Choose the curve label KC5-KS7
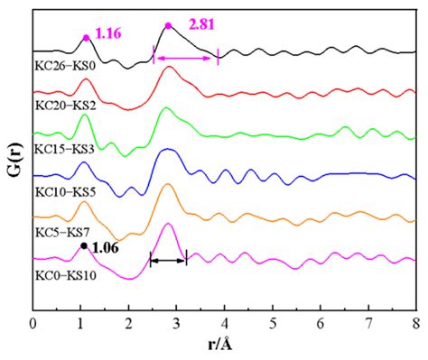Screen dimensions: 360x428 click(x=61, y=233)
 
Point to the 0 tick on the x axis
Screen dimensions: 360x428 click(x=33, y=321)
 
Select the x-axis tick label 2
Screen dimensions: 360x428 click(x=128, y=321)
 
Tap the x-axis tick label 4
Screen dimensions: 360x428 click(x=225, y=321)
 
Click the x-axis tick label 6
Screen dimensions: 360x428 click(x=321, y=321)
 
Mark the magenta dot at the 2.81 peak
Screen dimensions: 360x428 click(x=168, y=25)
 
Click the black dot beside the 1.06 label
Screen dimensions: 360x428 click(x=84, y=245)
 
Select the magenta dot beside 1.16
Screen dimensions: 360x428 click(x=87, y=37)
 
